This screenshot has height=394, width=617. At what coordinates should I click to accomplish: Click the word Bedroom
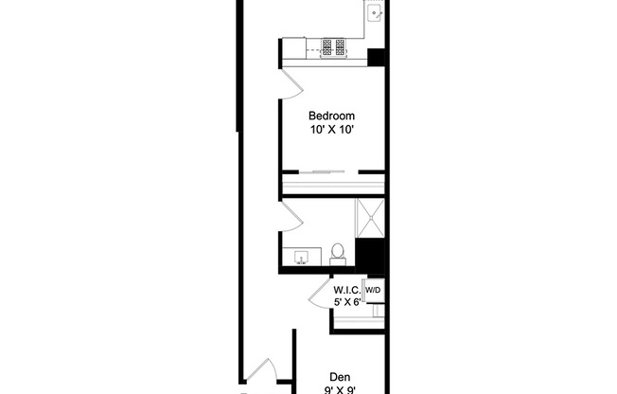[x=331, y=116]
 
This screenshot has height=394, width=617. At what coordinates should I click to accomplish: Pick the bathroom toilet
[x=338, y=254]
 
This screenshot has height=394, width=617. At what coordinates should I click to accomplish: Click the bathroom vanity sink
[x=303, y=256]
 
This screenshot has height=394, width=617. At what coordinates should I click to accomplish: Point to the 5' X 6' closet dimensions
[x=347, y=303]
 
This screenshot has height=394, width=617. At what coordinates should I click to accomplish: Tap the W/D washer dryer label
[x=373, y=290]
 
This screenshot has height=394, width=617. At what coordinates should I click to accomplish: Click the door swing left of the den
[x=262, y=372]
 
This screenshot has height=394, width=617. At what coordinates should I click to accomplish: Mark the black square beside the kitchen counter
[x=377, y=57]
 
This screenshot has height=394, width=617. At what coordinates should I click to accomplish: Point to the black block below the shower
[x=369, y=253]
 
